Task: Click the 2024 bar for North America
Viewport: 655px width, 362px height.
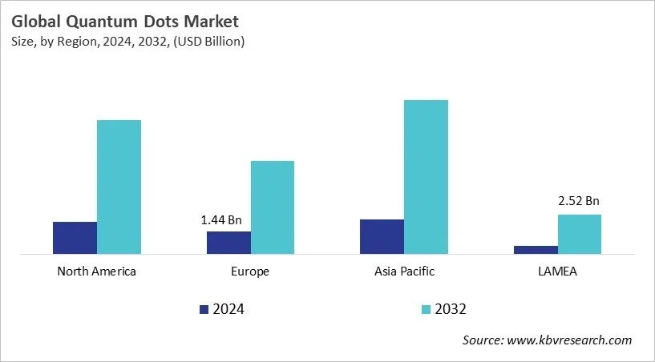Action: click(75, 238)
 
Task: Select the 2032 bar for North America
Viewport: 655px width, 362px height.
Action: click(119, 187)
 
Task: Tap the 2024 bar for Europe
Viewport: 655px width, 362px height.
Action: click(228, 243)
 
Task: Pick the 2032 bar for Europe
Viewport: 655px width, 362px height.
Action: click(273, 207)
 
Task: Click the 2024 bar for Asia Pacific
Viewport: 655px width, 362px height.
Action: click(382, 236)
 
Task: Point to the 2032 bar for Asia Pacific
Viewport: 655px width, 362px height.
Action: click(426, 177)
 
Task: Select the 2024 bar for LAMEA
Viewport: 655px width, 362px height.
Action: click(536, 250)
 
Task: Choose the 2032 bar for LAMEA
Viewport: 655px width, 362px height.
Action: click(580, 234)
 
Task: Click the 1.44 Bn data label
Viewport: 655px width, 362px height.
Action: click(220, 219)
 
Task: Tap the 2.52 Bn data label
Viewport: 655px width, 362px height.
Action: click(579, 201)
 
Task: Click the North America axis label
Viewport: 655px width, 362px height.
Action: click(97, 271)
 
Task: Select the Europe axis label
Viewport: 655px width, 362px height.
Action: click(251, 271)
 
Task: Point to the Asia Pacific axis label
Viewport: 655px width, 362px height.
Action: click(404, 271)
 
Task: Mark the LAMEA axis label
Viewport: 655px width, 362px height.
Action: click(557, 271)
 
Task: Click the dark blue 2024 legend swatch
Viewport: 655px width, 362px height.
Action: click(204, 309)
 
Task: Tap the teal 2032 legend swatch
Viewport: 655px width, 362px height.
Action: click(426, 309)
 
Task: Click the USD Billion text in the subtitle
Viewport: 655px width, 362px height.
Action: click(209, 42)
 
